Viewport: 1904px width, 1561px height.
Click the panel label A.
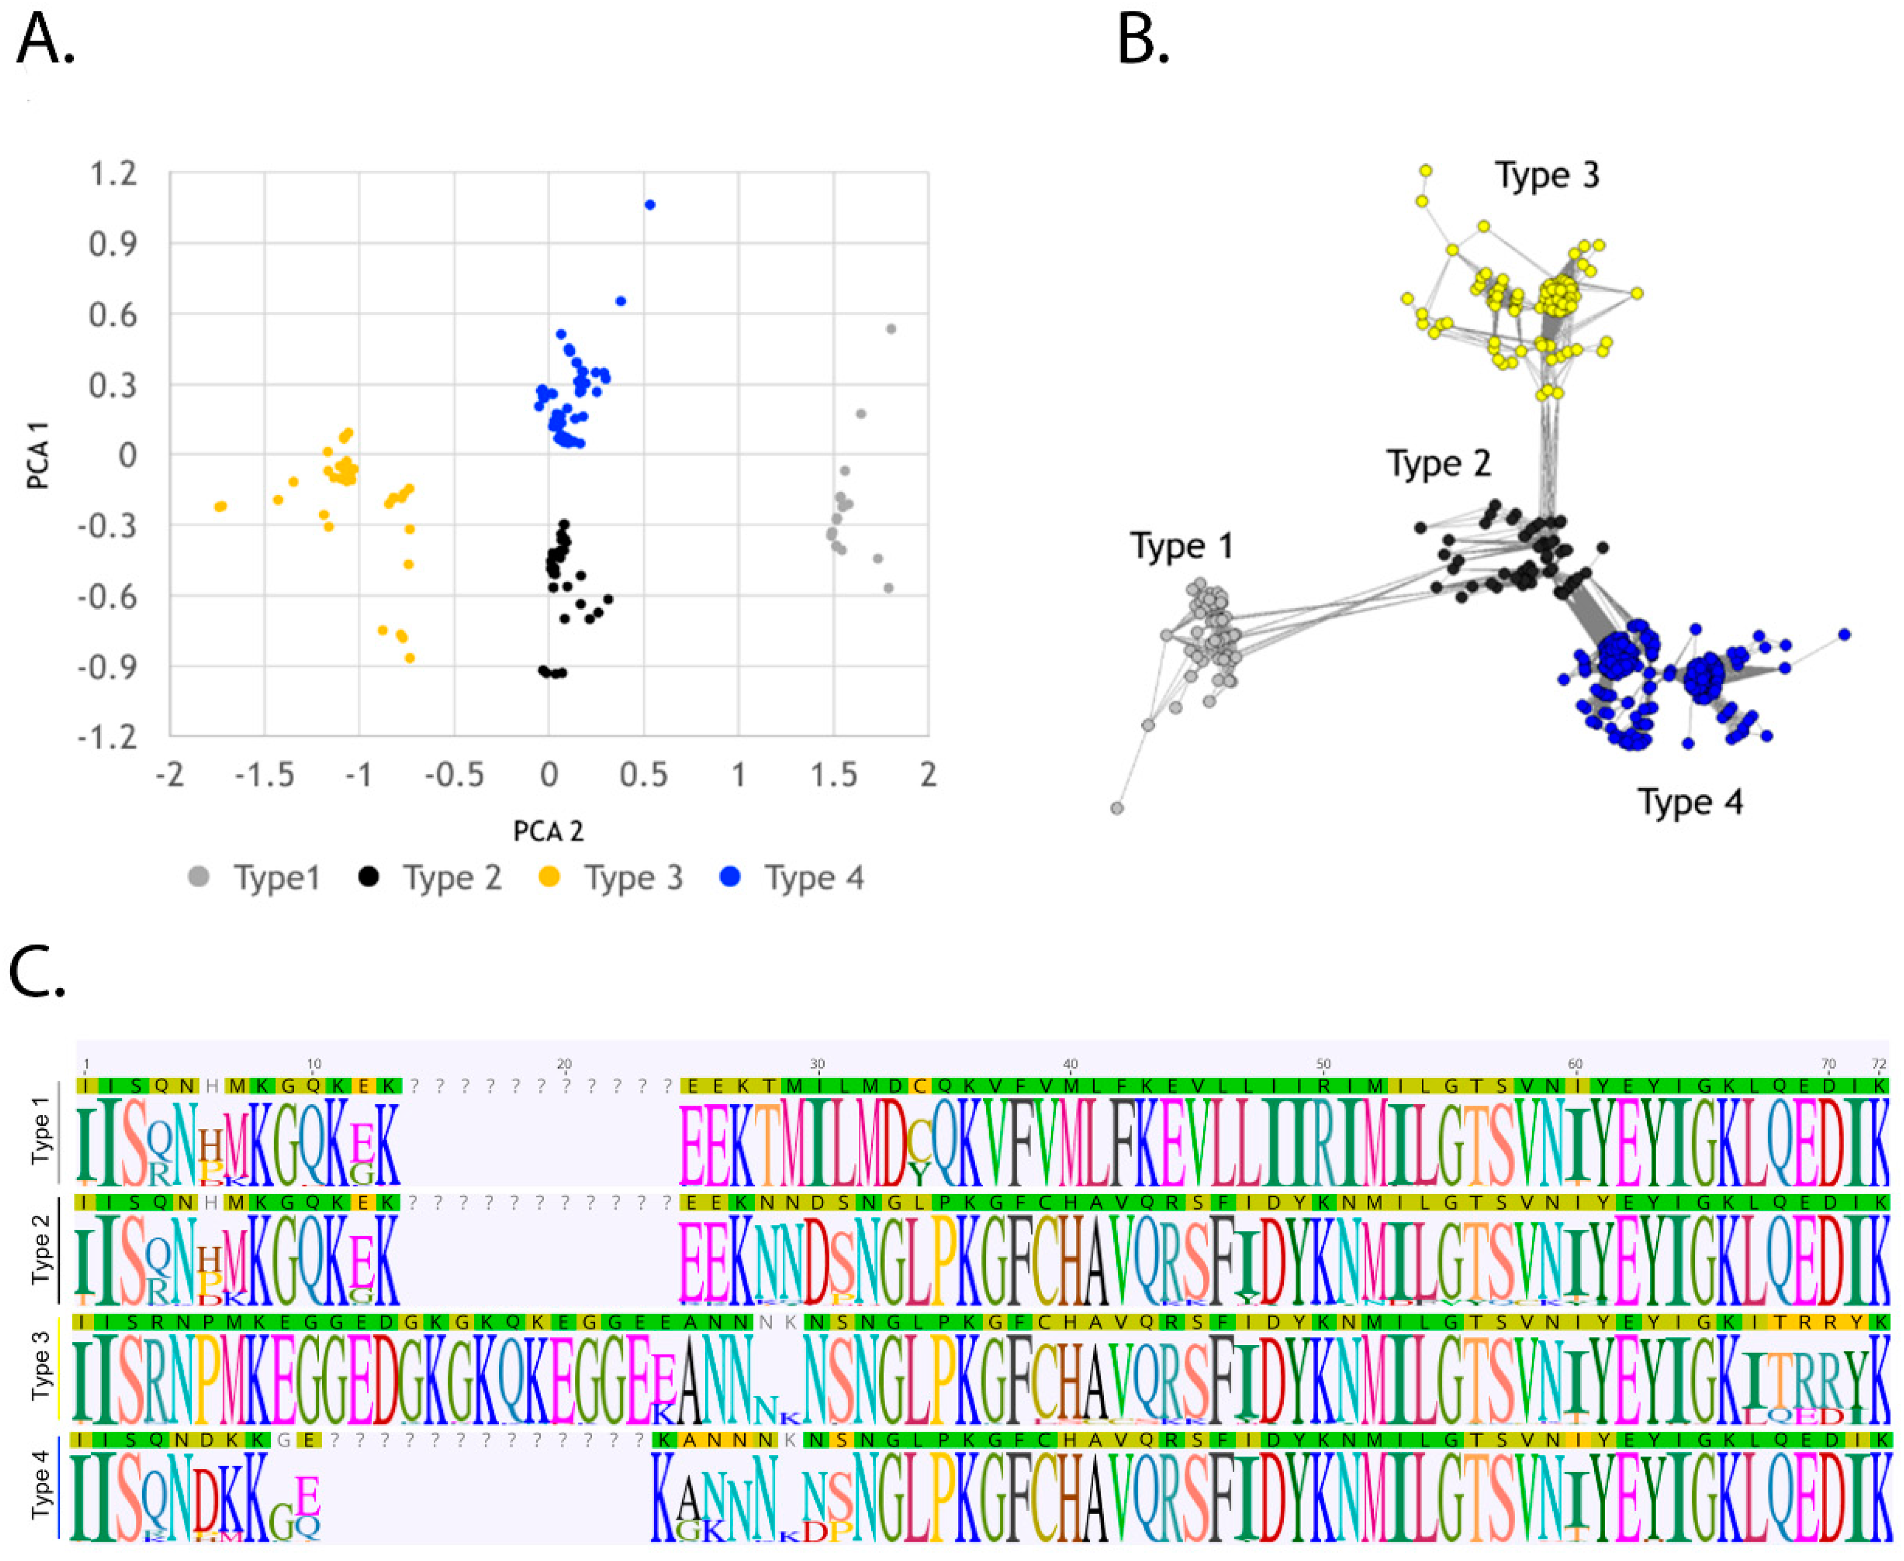click(x=45, y=42)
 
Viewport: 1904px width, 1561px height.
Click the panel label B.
click(x=1142, y=42)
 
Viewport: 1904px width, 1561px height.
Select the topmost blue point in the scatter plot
click(x=650, y=205)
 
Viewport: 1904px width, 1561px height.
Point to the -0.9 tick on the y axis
click(x=108, y=667)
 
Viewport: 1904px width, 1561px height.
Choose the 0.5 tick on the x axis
click(x=643, y=774)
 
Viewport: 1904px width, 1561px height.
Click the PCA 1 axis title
click(x=38, y=456)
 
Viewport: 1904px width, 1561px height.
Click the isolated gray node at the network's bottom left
click(x=1117, y=809)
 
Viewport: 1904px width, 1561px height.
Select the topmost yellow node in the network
click(x=1426, y=170)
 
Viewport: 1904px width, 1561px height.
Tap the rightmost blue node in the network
click(x=1845, y=635)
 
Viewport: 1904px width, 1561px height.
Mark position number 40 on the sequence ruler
click(x=1071, y=1064)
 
